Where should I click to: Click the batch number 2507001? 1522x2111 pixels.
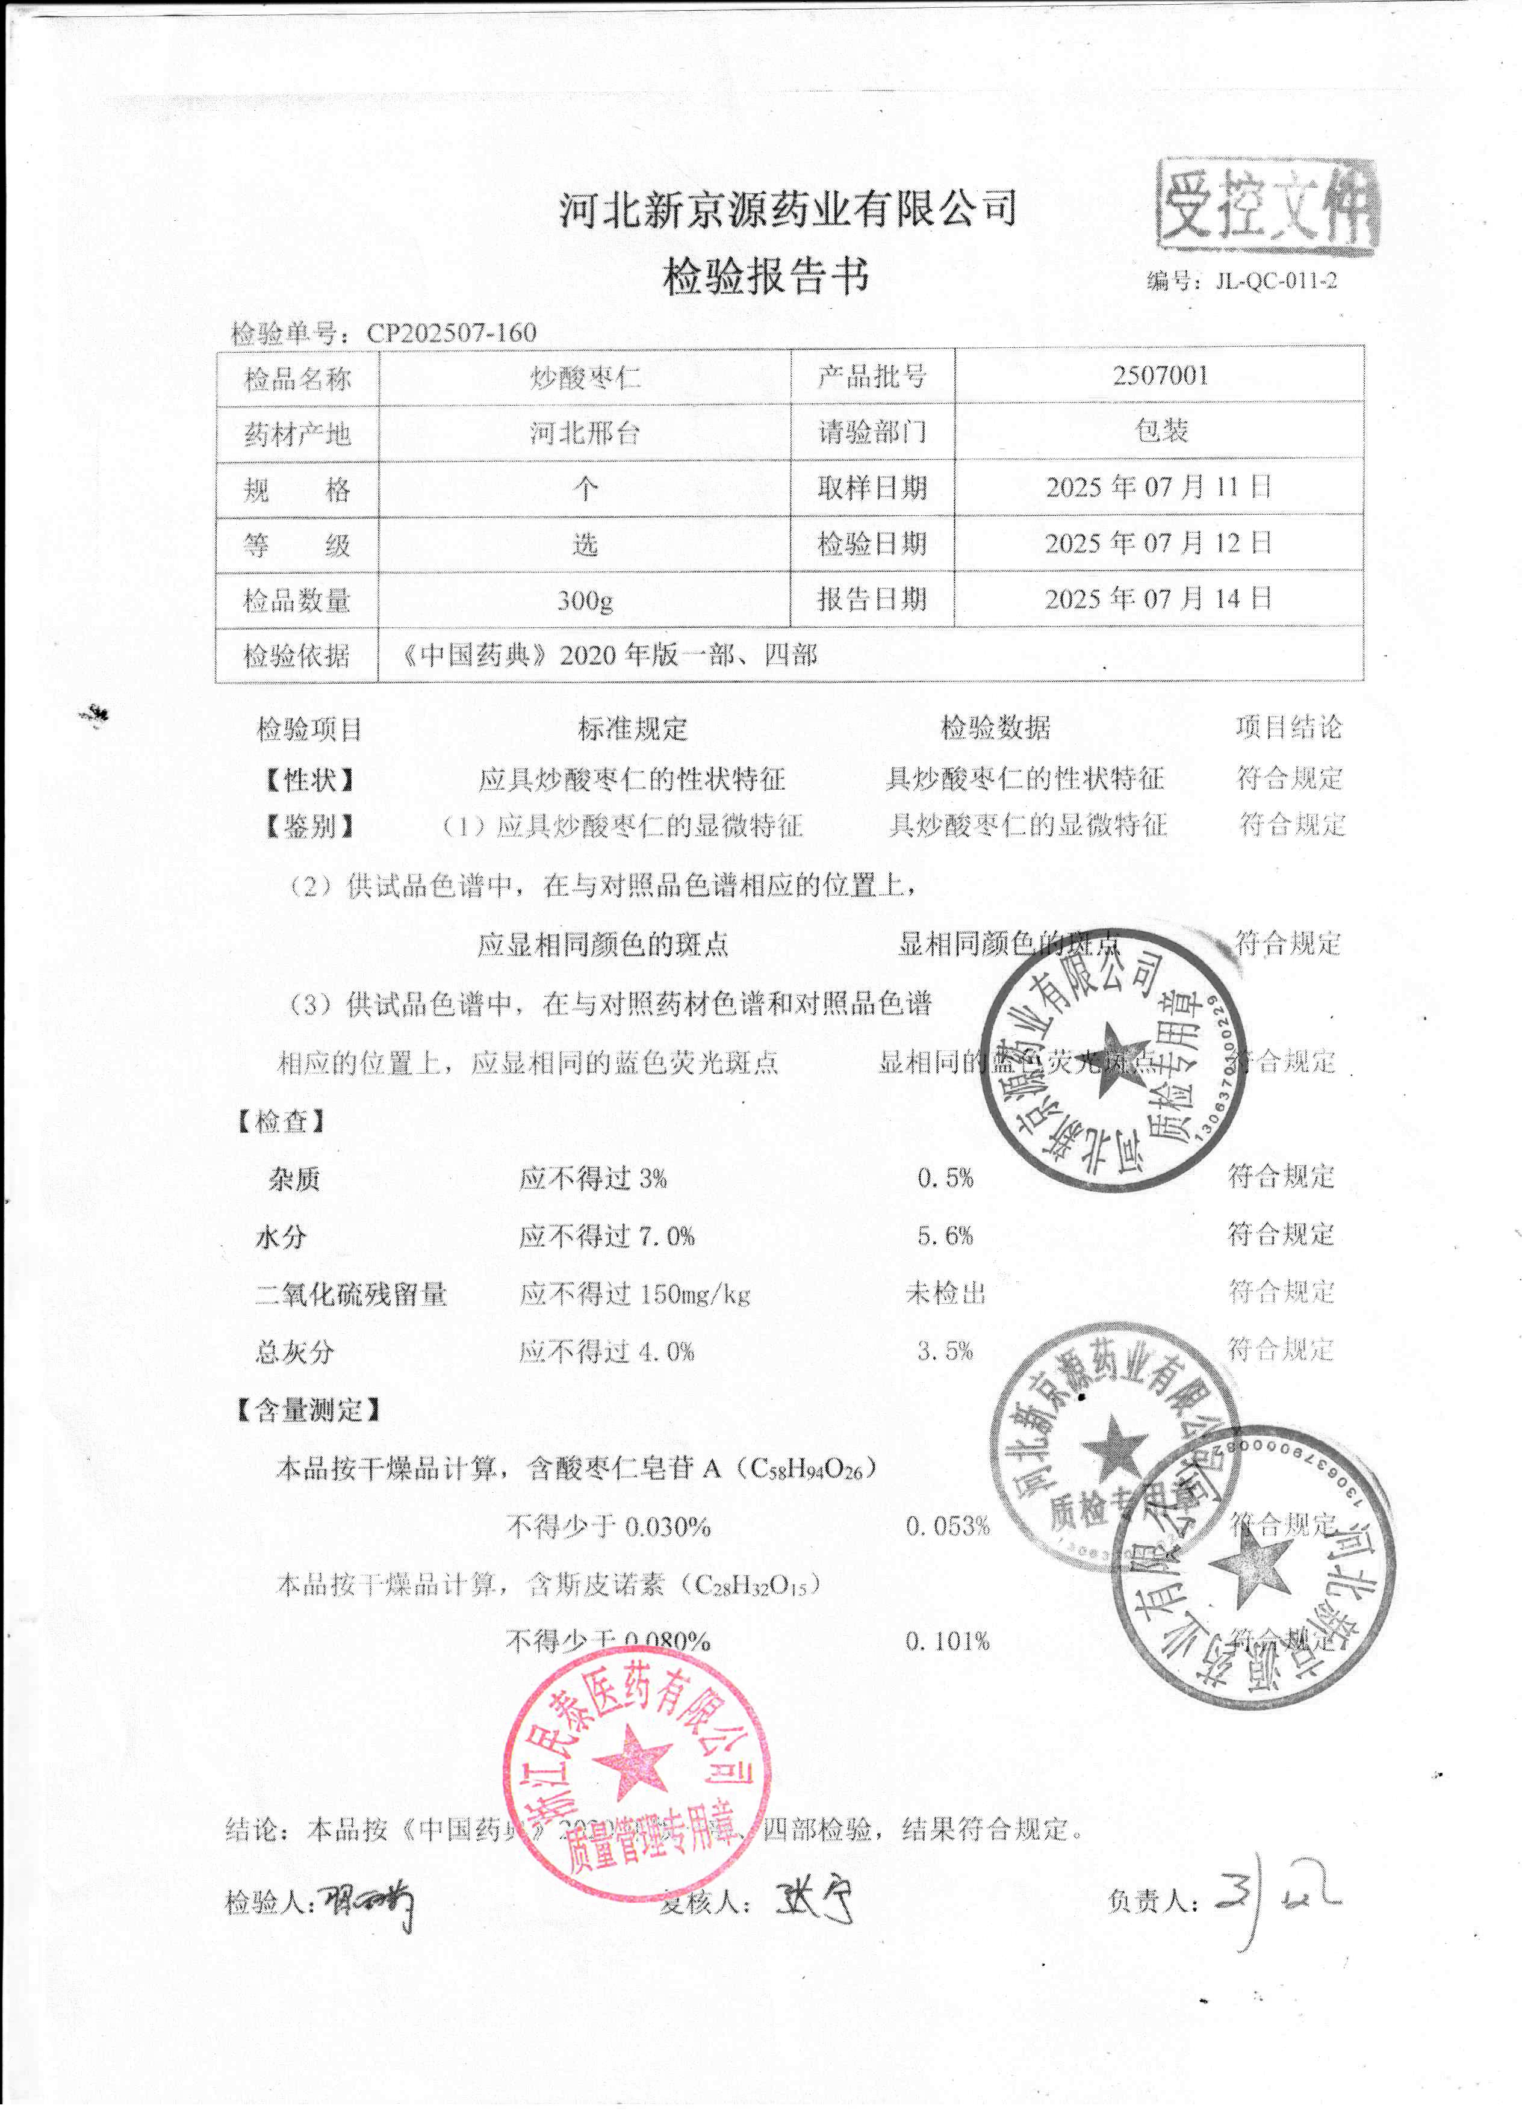[x=1160, y=376]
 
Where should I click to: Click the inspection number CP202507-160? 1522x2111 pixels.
[x=452, y=332]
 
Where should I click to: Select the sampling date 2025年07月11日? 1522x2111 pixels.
[x=1158, y=487]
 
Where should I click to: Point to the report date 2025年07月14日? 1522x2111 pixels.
[x=1158, y=598]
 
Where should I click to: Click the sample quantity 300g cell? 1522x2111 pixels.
[x=585, y=600]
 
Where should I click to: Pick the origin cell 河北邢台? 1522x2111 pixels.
[x=585, y=433]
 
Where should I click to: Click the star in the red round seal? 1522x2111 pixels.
[x=632, y=1762]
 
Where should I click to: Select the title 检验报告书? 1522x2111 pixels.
[x=765, y=276]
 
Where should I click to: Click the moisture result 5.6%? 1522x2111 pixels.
[x=945, y=1236]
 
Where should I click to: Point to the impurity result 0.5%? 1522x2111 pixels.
[x=945, y=1179]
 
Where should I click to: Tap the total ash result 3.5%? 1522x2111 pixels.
[x=945, y=1351]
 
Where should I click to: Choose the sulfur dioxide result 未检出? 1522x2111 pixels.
[x=945, y=1293]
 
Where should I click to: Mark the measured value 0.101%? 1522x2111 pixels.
[x=946, y=1641]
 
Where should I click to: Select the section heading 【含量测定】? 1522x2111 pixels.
[x=309, y=1410]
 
